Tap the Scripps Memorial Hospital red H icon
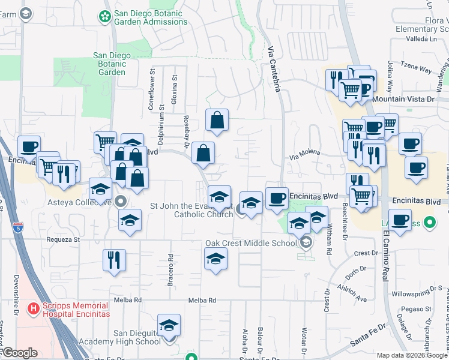(x=34, y=308)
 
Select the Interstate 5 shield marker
(x=19, y=228)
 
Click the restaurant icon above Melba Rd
(x=114, y=260)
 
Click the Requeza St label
(x=63, y=239)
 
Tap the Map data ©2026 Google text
(x=412, y=355)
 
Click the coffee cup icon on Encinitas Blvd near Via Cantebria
(x=277, y=198)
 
